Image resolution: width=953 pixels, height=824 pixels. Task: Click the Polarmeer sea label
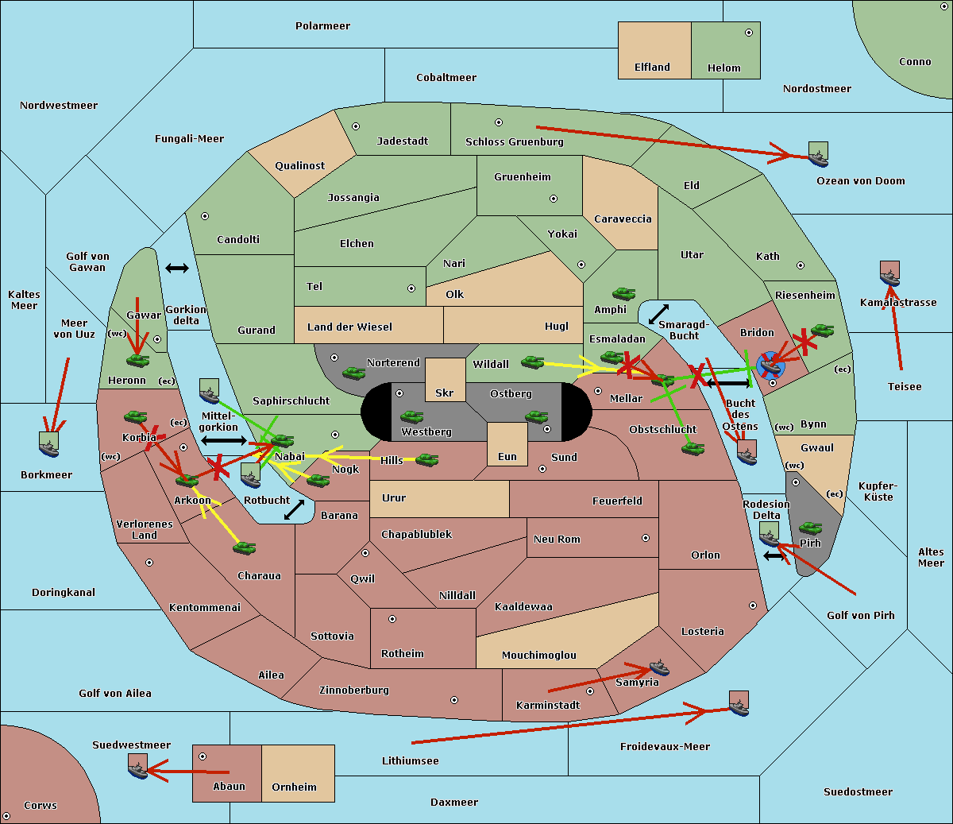(322, 26)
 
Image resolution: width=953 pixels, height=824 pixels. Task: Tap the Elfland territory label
(652, 68)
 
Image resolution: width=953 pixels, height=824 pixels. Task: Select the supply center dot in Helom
(748, 33)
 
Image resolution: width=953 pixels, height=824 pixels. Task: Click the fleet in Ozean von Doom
(818, 153)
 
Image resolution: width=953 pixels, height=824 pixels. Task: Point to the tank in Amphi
(623, 294)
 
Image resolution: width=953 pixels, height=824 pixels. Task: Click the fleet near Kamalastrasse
(890, 273)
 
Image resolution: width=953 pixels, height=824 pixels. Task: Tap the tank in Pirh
(810, 528)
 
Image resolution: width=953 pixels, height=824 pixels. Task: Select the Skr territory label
(445, 393)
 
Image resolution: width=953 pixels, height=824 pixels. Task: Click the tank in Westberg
(411, 416)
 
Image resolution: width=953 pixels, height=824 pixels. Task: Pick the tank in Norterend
(353, 373)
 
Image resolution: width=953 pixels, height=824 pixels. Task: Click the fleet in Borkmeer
(49, 444)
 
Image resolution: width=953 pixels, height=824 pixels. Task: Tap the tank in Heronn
(137, 360)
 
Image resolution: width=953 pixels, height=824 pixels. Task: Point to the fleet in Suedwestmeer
(138, 766)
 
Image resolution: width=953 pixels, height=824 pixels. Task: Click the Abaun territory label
(229, 787)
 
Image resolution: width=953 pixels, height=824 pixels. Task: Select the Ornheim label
(294, 787)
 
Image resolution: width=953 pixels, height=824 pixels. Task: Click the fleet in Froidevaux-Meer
(739, 703)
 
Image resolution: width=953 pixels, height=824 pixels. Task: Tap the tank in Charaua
(244, 547)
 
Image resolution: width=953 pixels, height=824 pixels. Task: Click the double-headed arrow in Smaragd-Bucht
(658, 315)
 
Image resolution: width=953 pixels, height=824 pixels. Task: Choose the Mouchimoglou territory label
(538, 656)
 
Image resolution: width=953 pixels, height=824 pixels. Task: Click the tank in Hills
(427, 459)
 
